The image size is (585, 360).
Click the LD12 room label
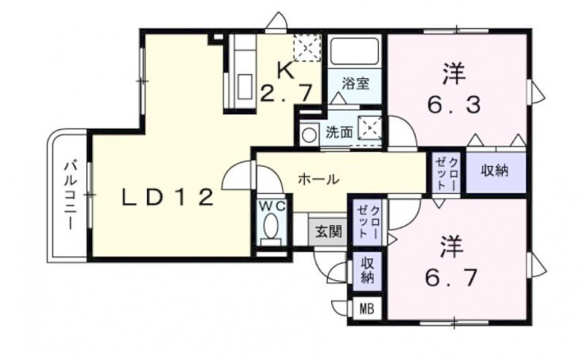pos(168,197)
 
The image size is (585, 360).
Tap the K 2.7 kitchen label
pos(286,83)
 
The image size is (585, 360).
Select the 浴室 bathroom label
pos(355,83)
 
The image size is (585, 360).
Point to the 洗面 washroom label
pos(339,132)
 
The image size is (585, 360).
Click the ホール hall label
pos(319,179)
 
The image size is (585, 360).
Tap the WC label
pos(272,206)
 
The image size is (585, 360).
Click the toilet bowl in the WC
pos(271,225)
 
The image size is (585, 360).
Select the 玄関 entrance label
pos(328,231)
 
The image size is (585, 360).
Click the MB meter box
pos(367,310)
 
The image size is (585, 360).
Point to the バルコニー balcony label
pos(70,195)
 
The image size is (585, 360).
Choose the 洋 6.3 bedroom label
pos(453,89)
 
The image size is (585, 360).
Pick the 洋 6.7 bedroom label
pos(452,261)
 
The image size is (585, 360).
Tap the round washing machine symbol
pos(309,135)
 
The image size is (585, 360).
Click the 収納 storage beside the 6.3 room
pos(495,170)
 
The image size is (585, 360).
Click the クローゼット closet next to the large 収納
pos(447,173)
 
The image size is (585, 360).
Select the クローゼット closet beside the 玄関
pos(368,222)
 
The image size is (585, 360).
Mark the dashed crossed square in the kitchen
pos(307,48)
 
